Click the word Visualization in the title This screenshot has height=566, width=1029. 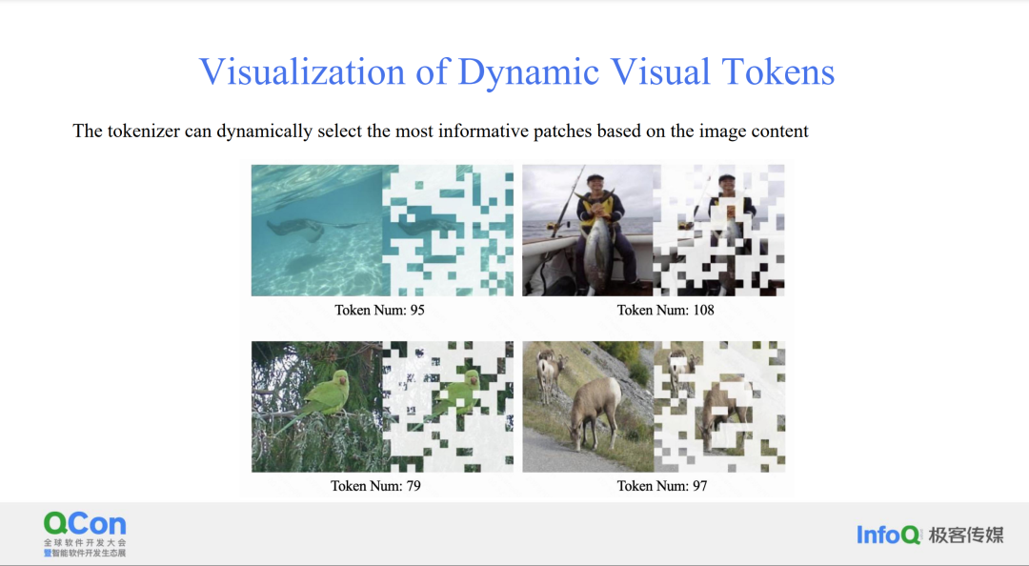[x=302, y=71]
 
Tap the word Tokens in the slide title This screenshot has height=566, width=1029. [x=777, y=71]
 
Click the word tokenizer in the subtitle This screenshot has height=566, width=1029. [x=143, y=131]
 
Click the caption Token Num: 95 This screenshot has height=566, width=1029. [x=379, y=310]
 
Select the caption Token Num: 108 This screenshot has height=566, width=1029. [x=665, y=310]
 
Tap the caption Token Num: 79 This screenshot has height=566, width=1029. [x=375, y=486]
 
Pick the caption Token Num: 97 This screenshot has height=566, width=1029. [x=661, y=486]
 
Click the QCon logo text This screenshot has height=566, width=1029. [x=85, y=524]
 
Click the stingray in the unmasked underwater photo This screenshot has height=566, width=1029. [x=298, y=230]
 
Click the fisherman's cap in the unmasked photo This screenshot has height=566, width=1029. [x=595, y=177]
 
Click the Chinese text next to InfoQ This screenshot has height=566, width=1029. [x=966, y=536]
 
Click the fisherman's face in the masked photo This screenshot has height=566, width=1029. [x=726, y=187]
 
